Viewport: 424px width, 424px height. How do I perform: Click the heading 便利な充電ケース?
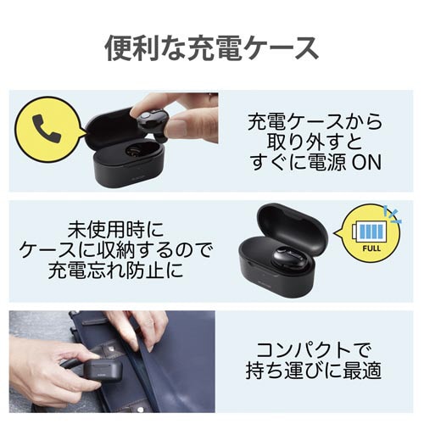click(211, 48)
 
